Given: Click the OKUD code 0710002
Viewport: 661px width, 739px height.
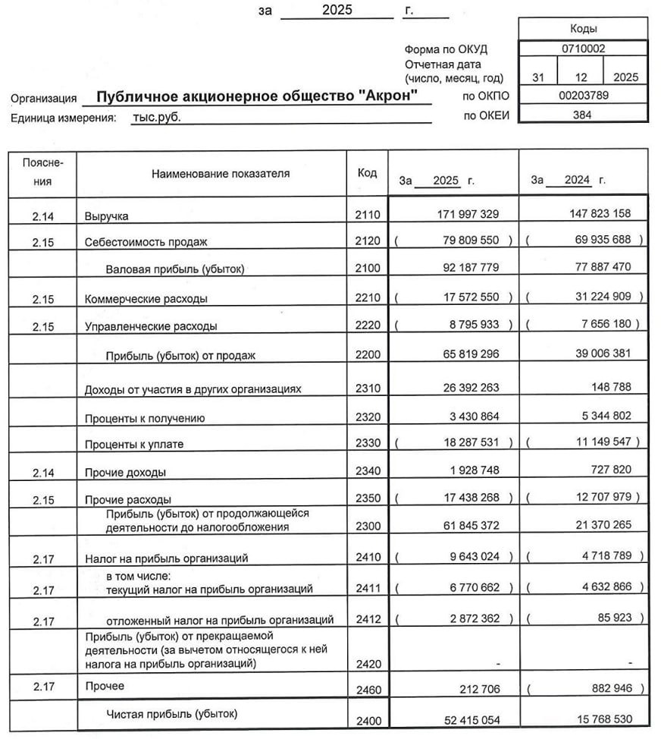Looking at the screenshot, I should (583, 49).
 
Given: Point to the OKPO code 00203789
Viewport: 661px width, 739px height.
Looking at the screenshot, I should (583, 96).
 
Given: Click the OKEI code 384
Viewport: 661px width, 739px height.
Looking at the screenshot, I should (583, 115).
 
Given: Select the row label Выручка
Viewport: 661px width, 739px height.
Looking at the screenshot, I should (106, 216).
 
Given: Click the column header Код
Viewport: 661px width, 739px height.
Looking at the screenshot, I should (366, 173).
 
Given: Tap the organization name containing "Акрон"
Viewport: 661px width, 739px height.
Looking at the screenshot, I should (257, 97).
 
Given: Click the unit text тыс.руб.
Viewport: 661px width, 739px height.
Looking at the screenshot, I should (156, 118).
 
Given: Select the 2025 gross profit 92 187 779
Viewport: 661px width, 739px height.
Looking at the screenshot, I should (468, 267).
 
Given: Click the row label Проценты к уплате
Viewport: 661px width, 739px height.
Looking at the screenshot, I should (134, 444).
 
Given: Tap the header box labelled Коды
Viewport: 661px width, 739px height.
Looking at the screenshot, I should (583, 29).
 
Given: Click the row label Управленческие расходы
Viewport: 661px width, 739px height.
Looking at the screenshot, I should (151, 326).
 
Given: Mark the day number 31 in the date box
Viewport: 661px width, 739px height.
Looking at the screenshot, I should (538, 77).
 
